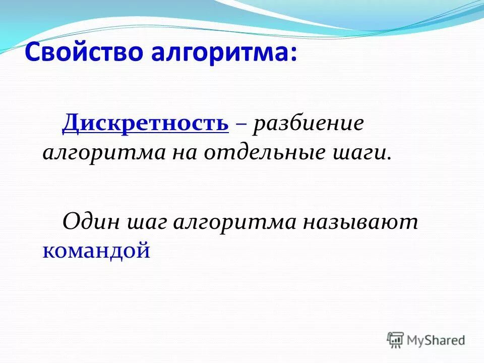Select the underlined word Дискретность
pos(145,123)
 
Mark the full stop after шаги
pos(389,157)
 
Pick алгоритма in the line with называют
pos(234,222)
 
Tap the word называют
pos(360,222)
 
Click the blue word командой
pos(96,250)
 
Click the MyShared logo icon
pos(395,340)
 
